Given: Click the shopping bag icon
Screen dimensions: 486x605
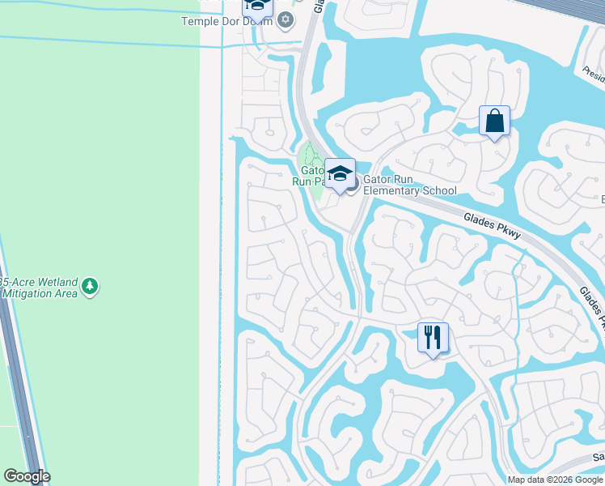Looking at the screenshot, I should click(494, 122).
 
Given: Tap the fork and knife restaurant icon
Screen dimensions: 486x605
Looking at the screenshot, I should click(433, 335).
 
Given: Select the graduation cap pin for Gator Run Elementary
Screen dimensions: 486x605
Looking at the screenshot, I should click(341, 173).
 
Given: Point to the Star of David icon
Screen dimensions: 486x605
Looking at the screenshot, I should click(284, 19).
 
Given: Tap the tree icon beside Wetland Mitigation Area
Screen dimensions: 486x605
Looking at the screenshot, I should click(90, 287).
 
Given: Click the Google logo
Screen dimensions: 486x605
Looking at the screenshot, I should click(27, 476).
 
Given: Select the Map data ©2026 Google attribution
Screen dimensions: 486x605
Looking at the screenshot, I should click(555, 480).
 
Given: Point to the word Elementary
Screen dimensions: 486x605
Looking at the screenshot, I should click(396, 191).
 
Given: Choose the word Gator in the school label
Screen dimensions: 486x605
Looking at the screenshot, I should click(379, 179).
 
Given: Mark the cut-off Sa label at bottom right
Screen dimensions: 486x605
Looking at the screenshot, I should click(599, 458).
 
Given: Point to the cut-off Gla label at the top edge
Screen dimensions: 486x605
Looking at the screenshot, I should click(318, 5).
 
